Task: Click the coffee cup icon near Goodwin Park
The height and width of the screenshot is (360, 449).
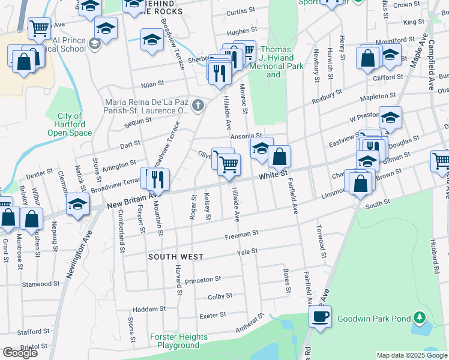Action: (x=320, y=316)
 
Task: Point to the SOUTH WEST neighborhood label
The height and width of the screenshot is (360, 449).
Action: (x=176, y=257)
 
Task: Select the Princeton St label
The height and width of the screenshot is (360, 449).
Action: (x=203, y=280)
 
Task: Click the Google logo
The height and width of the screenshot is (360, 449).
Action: (x=20, y=353)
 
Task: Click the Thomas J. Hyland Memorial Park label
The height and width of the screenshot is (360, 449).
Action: (x=276, y=62)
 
